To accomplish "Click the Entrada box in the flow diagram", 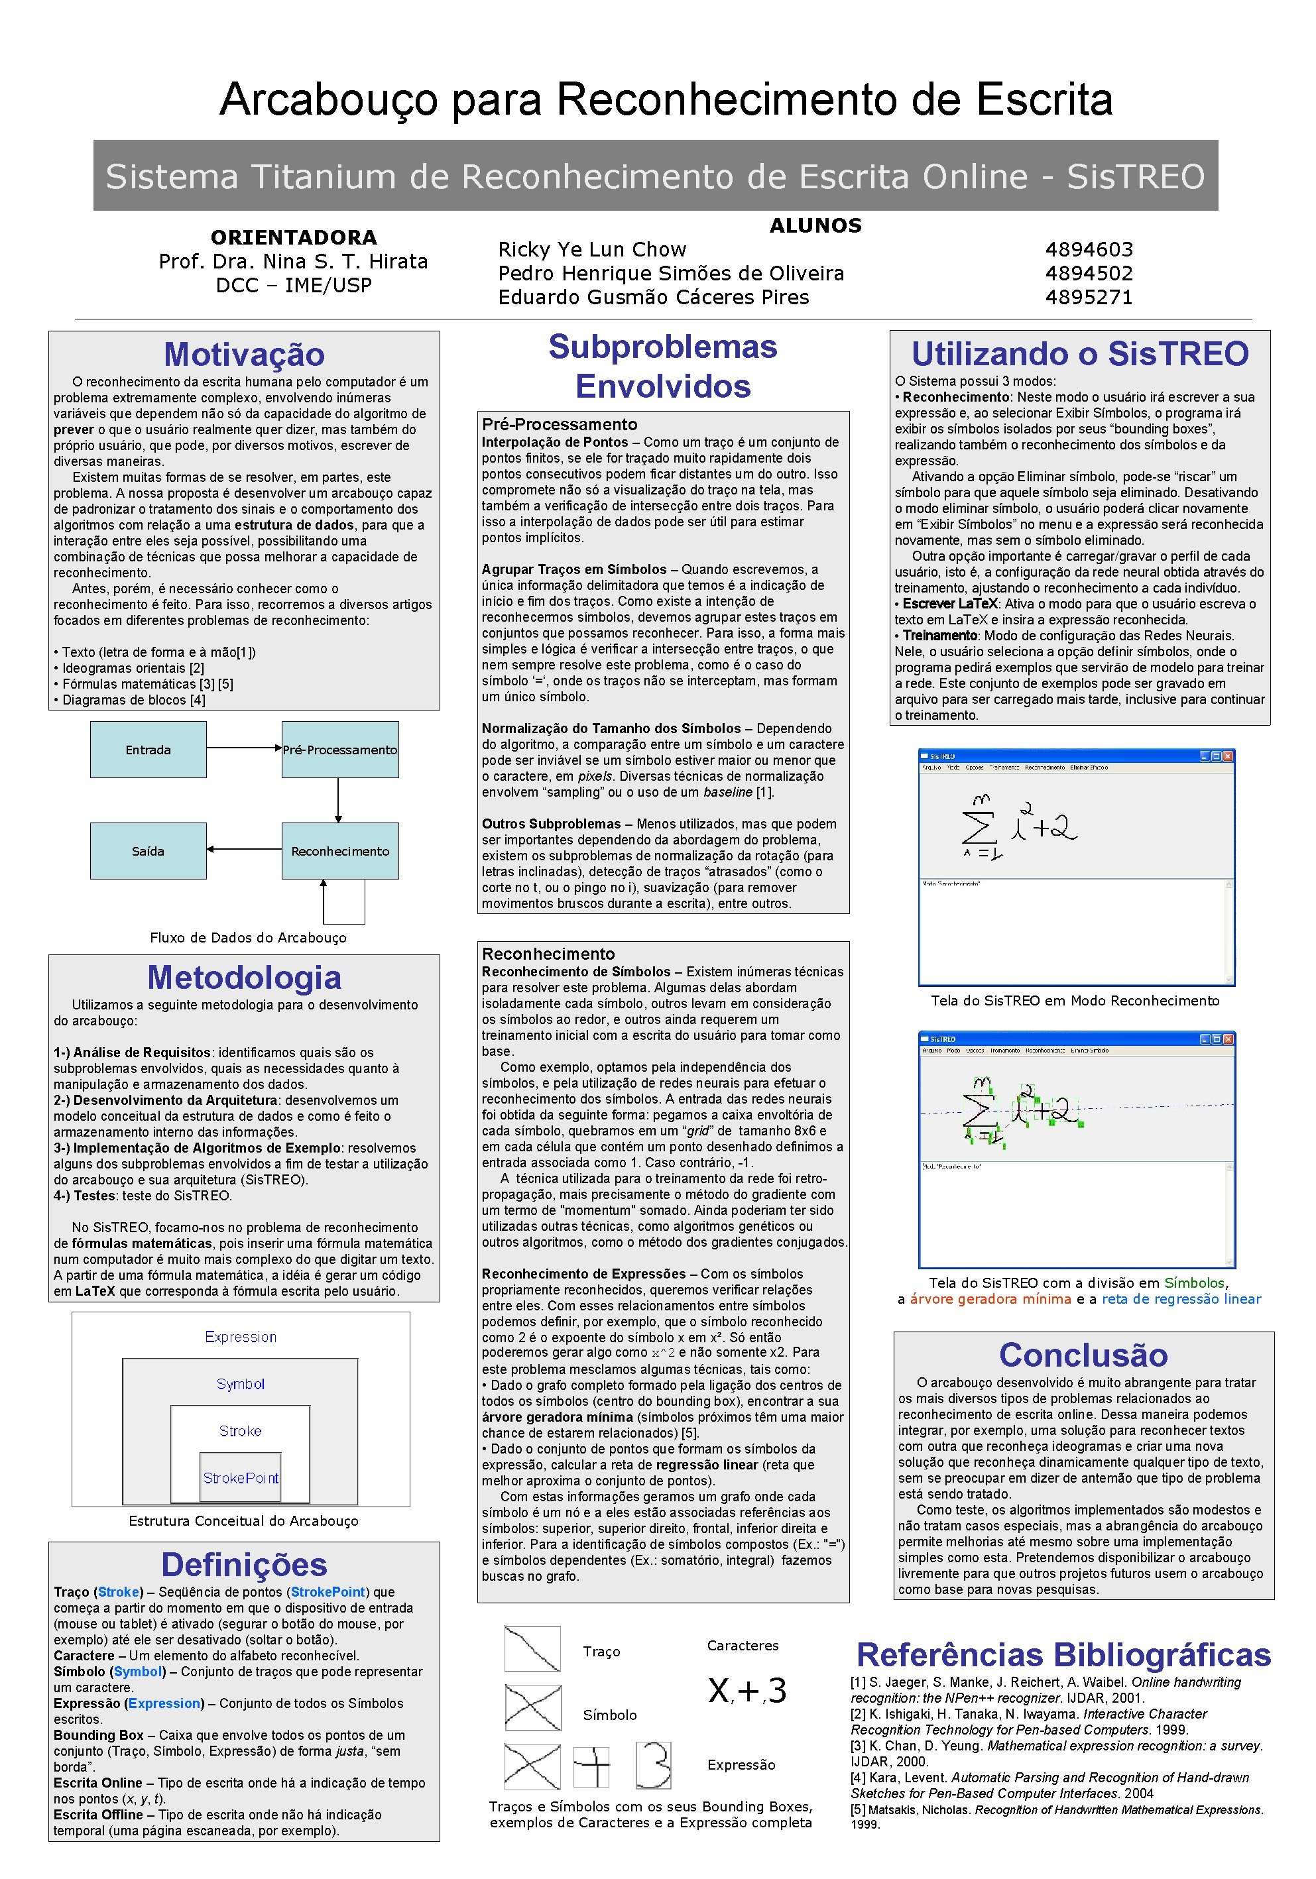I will pyautogui.click(x=148, y=750).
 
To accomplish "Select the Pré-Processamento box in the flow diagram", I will pyautogui.click(x=339, y=750).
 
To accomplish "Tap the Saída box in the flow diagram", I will pyautogui.click(x=148, y=851).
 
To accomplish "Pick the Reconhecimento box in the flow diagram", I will pyautogui.click(x=339, y=851).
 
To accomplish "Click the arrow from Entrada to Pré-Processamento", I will pyautogui.click(x=244, y=748).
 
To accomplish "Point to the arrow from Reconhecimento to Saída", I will pyautogui.click(x=244, y=850).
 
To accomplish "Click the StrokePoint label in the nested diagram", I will pyautogui.click(x=241, y=1478).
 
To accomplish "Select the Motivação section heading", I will pyautogui.click(x=244, y=355).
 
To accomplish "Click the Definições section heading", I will pyautogui.click(x=244, y=1565).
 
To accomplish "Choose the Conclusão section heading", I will pyautogui.click(x=1083, y=1355).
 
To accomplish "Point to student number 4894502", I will pyautogui.click(x=1089, y=273).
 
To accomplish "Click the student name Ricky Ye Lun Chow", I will pyautogui.click(x=592, y=250).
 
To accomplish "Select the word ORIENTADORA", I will pyautogui.click(x=294, y=237).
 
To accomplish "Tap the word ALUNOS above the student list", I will pyautogui.click(x=815, y=226).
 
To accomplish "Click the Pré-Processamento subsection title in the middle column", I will pyautogui.click(x=559, y=424).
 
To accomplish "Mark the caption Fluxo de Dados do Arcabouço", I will pyautogui.click(x=248, y=938).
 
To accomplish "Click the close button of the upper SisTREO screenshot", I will pyautogui.click(x=1228, y=756).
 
